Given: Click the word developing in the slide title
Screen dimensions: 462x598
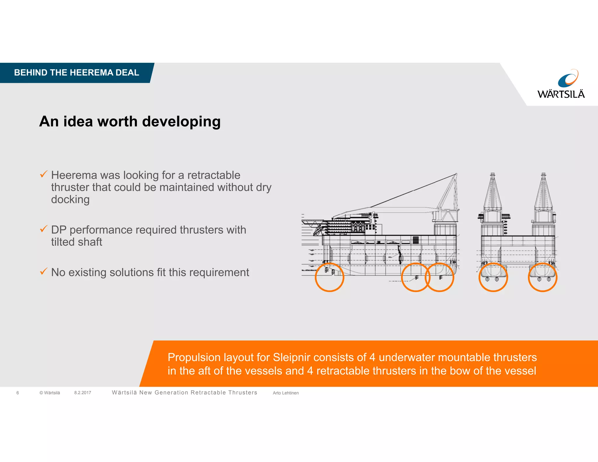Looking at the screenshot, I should (x=181, y=121).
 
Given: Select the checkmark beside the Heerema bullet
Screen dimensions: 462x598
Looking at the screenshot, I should (x=44, y=174).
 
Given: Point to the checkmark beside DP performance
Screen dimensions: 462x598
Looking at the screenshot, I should (x=44, y=229).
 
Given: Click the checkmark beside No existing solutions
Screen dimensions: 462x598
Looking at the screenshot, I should (x=44, y=271).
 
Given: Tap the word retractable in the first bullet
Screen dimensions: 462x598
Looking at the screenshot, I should (x=214, y=175).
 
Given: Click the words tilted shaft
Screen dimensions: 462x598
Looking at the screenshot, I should (x=77, y=242).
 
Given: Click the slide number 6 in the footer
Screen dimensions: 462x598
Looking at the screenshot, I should (x=18, y=393).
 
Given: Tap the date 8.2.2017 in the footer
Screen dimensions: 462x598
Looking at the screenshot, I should (x=83, y=393).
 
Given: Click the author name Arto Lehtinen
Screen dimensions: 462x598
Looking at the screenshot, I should (x=286, y=393).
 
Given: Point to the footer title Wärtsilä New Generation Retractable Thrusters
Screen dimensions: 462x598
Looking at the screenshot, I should (x=185, y=393).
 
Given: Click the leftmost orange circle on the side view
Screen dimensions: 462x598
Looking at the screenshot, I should (x=329, y=277).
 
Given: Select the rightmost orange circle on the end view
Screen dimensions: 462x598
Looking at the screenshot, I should (x=543, y=277).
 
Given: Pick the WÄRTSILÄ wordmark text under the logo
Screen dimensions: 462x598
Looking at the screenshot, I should (x=561, y=94).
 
